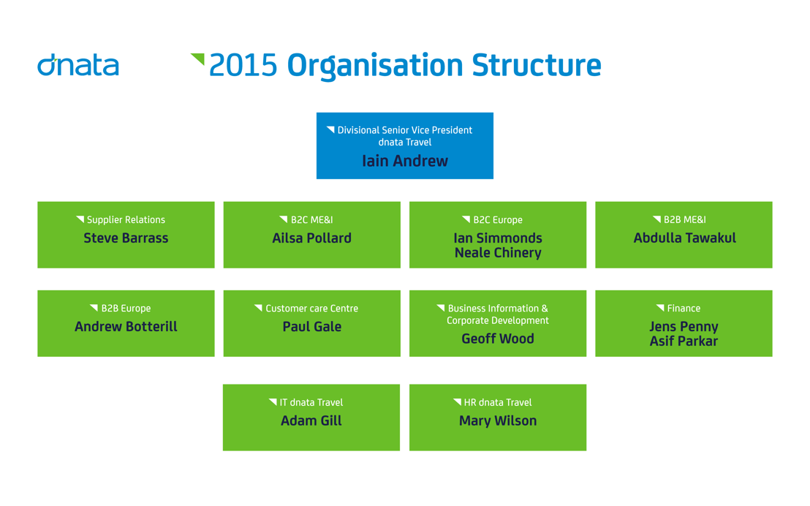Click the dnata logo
(x=78, y=64)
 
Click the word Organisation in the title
(x=375, y=66)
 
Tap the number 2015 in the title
(x=243, y=66)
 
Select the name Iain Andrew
(x=405, y=161)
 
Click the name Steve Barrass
(x=126, y=238)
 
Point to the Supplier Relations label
(x=126, y=219)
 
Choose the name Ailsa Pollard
(x=312, y=238)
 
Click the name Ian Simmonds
(x=498, y=238)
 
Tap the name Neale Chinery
(x=498, y=253)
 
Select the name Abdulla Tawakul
(x=685, y=238)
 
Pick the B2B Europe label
(x=126, y=309)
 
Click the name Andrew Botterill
(x=126, y=327)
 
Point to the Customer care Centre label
(x=312, y=309)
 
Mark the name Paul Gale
(x=312, y=327)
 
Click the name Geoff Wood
(x=498, y=339)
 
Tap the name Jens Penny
(x=684, y=327)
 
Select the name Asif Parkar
(x=684, y=341)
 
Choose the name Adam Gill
(x=311, y=420)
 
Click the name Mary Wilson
(x=498, y=420)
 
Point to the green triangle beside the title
(x=199, y=58)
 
